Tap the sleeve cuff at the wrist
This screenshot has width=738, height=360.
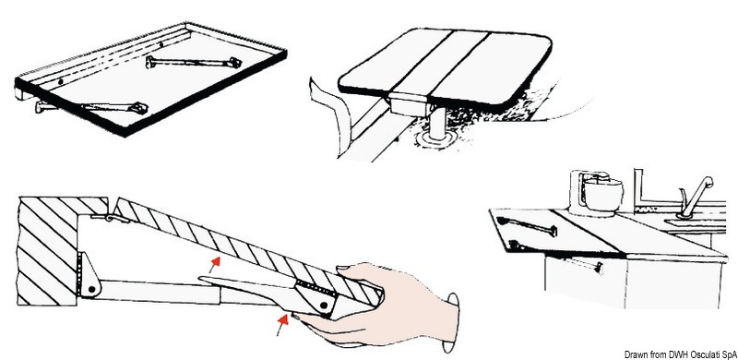click(453, 310)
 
